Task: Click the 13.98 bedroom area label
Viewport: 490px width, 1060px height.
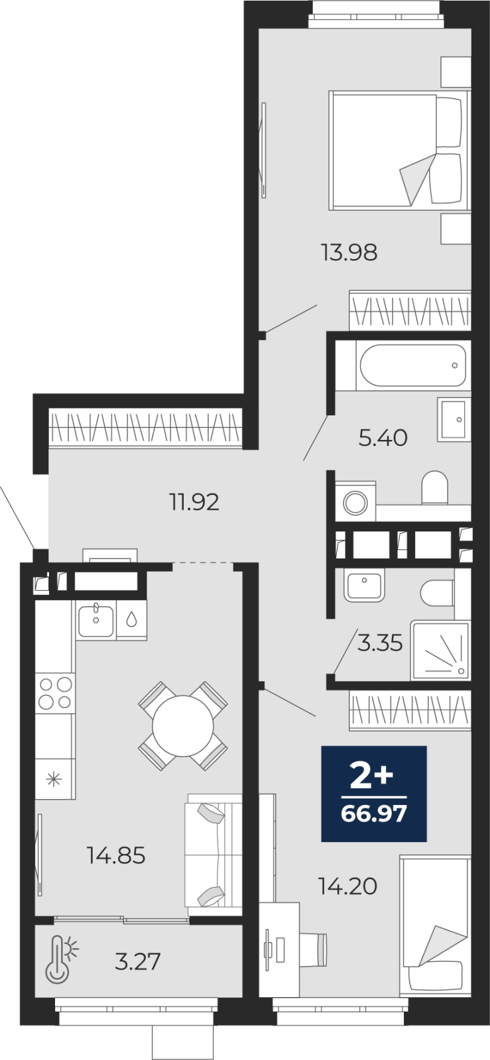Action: click(x=349, y=252)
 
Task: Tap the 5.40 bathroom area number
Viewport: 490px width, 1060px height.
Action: click(x=383, y=438)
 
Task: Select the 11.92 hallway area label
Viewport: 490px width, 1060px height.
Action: click(x=194, y=502)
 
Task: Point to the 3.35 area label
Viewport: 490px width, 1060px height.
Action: click(x=380, y=643)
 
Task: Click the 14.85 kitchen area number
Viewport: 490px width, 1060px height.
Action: click(x=116, y=855)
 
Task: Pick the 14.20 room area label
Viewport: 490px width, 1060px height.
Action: click(x=348, y=886)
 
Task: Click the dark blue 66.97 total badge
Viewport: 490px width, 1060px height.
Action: click(x=374, y=794)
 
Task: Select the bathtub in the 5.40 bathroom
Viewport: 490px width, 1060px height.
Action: click(x=413, y=366)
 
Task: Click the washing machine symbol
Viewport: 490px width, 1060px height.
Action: click(x=355, y=502)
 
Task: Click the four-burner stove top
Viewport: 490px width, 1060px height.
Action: click(x=56, y=693)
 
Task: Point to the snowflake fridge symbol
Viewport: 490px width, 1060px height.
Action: click(x=54, y=779)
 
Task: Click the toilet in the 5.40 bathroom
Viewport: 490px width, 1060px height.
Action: click(x=434, y=488)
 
